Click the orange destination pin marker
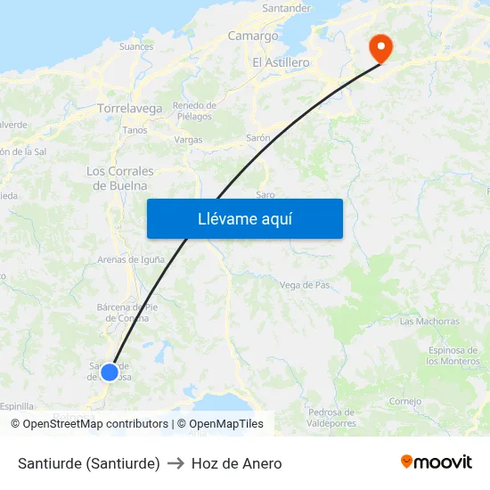click(x=381, y=48)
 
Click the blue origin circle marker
click(x=110, y=372)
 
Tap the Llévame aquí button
click(x=245, y=218)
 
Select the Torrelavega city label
click(x=130, y=109)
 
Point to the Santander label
click(x=285, y=8)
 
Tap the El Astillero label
click(x=281, y=62)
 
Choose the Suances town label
click(x=136, y=46)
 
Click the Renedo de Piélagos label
click(x=192, y=110)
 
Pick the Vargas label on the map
click(x=189, y=140)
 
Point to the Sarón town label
click(x=258, y=139)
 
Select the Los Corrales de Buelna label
click(x=120, y=178)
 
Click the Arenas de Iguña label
click(x=132, y=259)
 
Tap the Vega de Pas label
click(x=305, y=285)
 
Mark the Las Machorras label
click(x=429, y=321)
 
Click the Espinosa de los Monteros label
click(x=453, y=355)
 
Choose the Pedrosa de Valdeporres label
click(x=331, y=417)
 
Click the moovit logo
click(x=437, y=462)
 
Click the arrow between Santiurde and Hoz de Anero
click(x=176, y=463)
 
